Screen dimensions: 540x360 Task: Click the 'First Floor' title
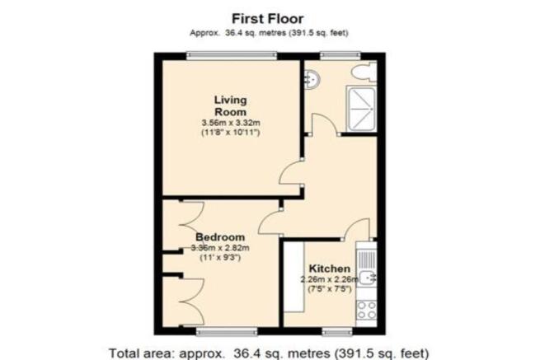[268, 18]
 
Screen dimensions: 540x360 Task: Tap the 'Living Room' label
[230, 106]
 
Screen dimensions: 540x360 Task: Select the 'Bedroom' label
[220, 237]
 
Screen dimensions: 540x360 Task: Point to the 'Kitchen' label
[330, 269]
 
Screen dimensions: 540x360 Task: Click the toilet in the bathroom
[364, 72]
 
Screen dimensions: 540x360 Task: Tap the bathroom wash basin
[312, 80]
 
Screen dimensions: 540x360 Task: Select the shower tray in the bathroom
[362, 109]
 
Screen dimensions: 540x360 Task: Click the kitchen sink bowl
[366, 278]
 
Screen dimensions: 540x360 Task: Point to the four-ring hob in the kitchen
[366, 310]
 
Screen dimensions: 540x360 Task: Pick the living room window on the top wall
[232, 56]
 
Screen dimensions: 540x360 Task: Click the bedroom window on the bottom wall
[227, 331]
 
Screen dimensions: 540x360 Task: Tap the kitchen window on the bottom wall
[337, 331]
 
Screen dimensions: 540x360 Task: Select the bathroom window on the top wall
[340, 56]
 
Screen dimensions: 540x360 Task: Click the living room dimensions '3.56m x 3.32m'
[231, 123]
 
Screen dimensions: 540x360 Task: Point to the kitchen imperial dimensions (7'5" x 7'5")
[330, 289]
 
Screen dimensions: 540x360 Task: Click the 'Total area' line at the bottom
[269, 353]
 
